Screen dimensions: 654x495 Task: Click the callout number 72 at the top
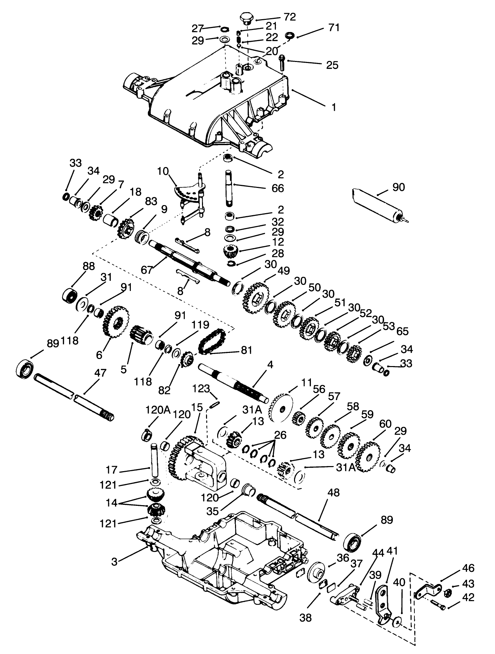(290, 17)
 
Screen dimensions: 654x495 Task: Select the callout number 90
(398, 187)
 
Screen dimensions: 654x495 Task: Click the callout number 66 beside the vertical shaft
(278, 188)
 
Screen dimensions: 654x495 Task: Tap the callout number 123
(201, 389)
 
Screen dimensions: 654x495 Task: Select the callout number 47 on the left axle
(100, 373)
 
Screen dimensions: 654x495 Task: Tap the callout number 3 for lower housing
(114, 562)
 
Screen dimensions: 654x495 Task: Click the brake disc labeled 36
(317, 572)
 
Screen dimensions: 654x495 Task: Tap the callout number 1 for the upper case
(333, 107)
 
